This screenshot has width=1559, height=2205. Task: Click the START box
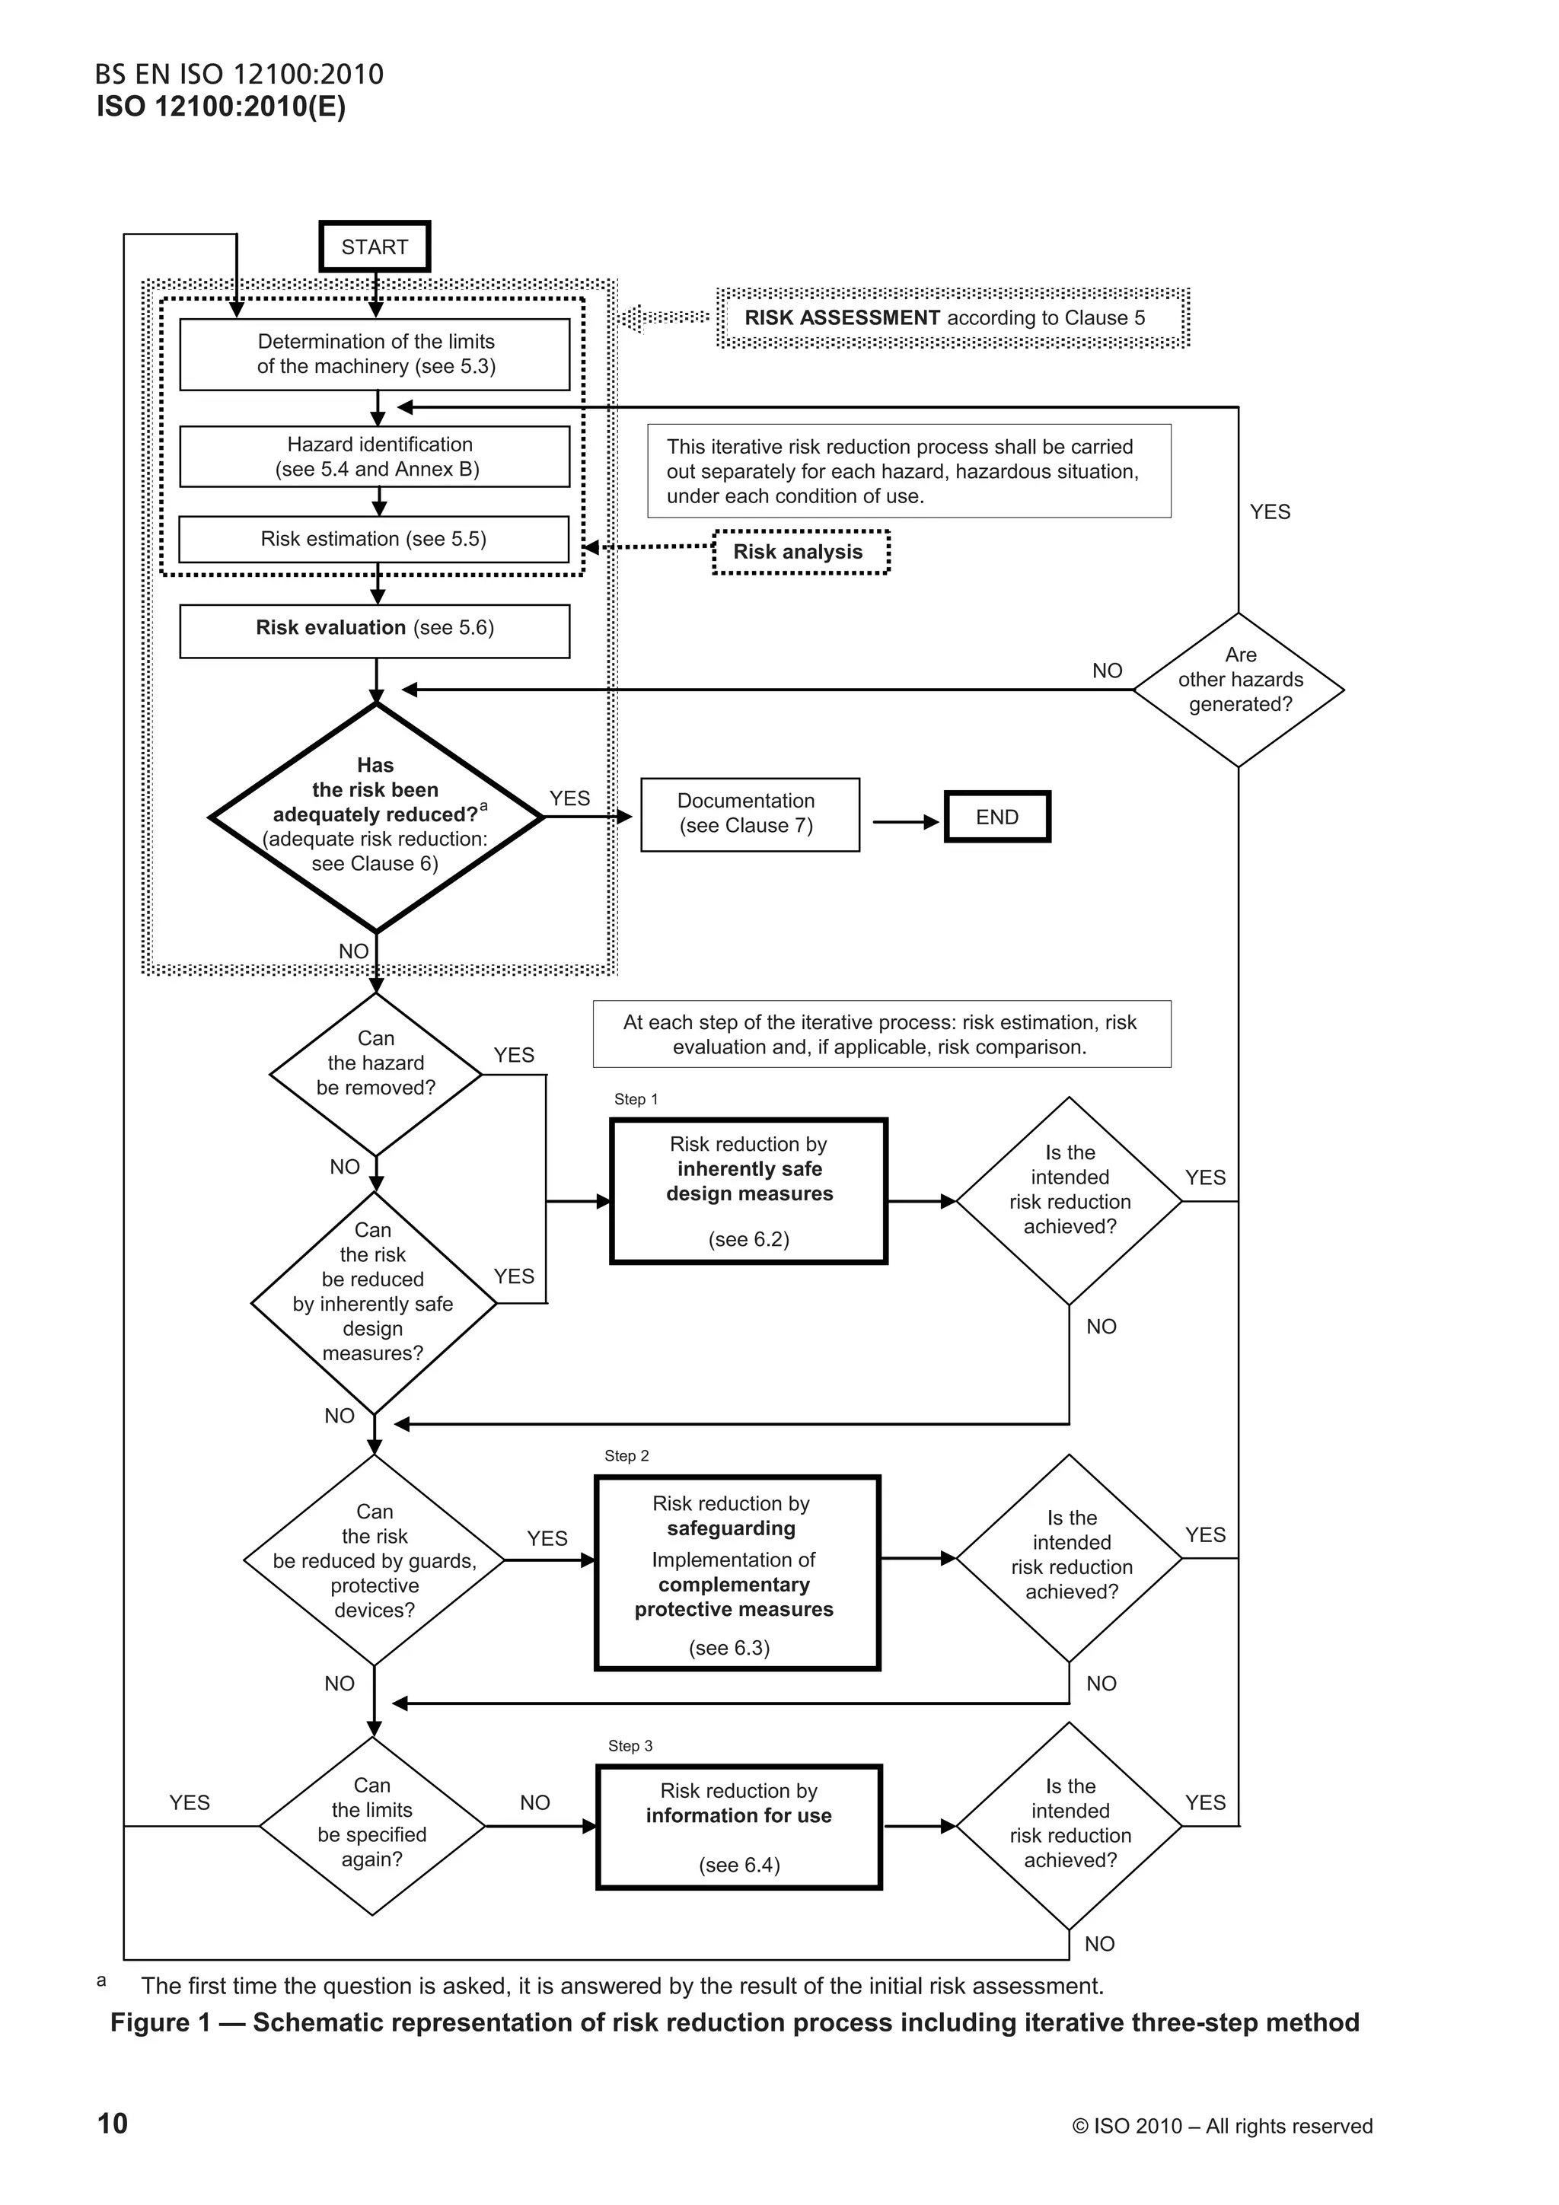pyautogui.click(x=375, y=247)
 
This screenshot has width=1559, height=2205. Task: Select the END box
pyautogui.click(x=997, y=817)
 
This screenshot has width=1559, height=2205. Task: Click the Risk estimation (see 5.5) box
pyautogui.click(x=374, y=540)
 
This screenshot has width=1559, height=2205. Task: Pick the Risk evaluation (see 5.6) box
pyautogui.click(x=375, y=630)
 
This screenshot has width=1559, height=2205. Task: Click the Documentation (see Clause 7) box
pyautogui.click(x=749, y=814)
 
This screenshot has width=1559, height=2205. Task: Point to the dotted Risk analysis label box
pyautogui.click(x=801, y=553)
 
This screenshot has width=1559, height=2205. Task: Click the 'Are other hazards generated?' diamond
pyautogui.click(x=1239, y=690)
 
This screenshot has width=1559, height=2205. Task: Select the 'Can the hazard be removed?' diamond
pyautogui.click(x=375, y=1074)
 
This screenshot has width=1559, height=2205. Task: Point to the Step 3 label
pyautogui.click(x=630, y=1746)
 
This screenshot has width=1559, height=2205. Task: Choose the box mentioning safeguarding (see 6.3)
pyautogui.click(x=738, y=1573)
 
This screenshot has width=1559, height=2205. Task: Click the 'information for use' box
pyautogui.click(x=738, y=1827)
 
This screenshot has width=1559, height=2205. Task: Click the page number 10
pyautogui.click(x=113, y=2124)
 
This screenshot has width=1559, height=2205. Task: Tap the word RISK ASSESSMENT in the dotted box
pyautogui.click(x=843, y=318)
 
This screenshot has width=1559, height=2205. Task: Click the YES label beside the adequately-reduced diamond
pyautogui.click(x=569, y=799)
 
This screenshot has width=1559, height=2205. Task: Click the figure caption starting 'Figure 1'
pyautogui.click(x=735, y=2022)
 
